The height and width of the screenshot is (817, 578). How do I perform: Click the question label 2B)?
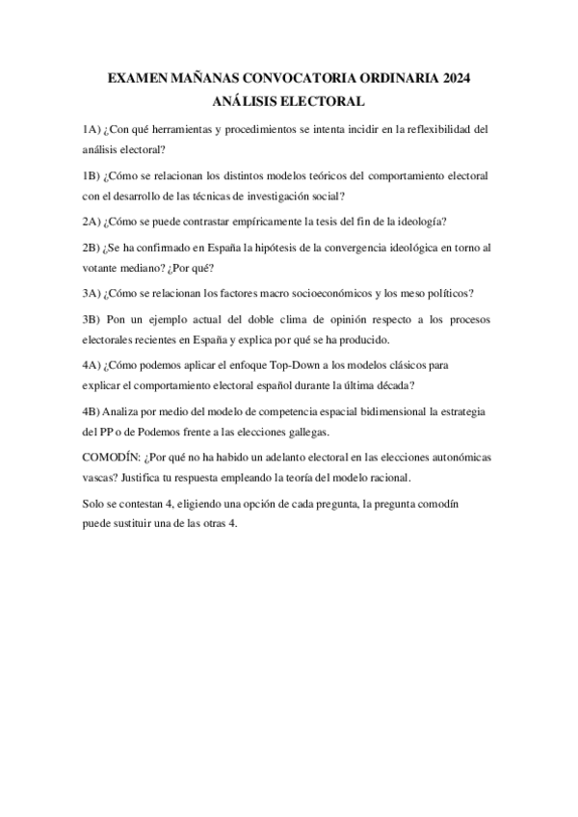92,249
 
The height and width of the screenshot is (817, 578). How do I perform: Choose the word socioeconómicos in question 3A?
333,294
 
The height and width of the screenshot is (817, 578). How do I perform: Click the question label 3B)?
92,320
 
